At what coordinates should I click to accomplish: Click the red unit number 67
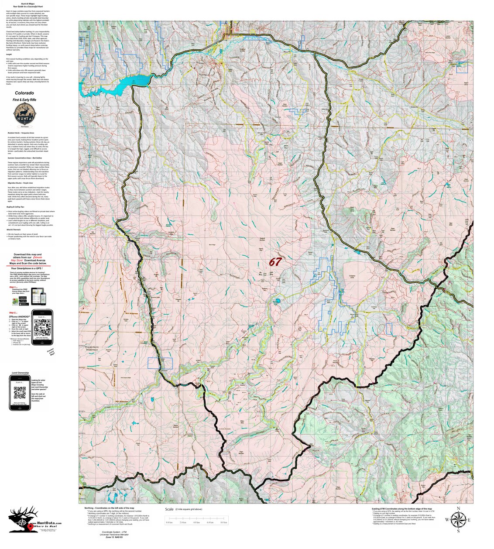(275, 262)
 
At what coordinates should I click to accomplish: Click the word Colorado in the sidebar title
(24, 93)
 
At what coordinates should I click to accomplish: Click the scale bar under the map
(196, 518)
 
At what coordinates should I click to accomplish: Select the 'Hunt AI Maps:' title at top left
(28, 3)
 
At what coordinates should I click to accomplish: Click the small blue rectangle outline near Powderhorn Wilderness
(160, 363)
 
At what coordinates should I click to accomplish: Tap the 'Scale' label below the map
(169, 509)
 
